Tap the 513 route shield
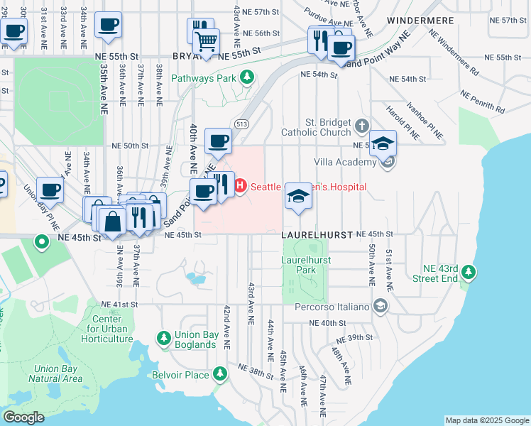tap(243, 123)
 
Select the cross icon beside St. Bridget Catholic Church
tap(362, 126)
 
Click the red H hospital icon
tap(240, 186)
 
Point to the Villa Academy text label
tap(346, 163)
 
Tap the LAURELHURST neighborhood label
tap(316, 234)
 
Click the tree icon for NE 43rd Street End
tap(468, 272)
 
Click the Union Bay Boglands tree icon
tap(164, 337)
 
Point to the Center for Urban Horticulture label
tap(108, 329)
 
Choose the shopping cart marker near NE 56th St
tap(206, 40)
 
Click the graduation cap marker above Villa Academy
tap(383, 143)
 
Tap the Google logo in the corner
tap(23, 417)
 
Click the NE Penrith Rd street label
tap(483, 102)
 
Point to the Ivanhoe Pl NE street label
tap(425, 123)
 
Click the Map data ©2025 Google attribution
tap(486, 420)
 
